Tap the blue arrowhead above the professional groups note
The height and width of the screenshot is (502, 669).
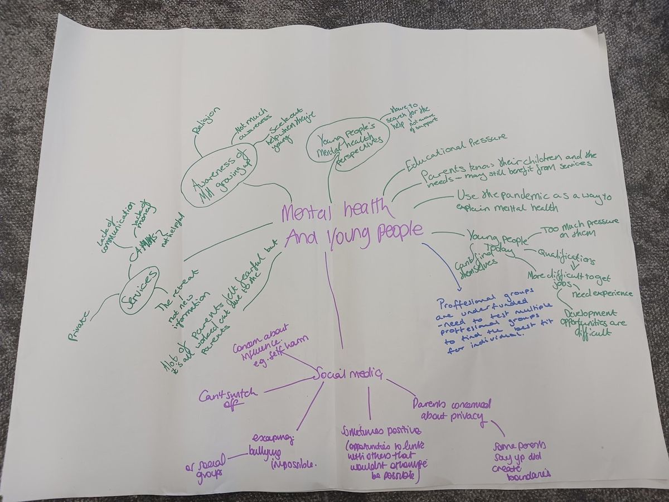point(458,287)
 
